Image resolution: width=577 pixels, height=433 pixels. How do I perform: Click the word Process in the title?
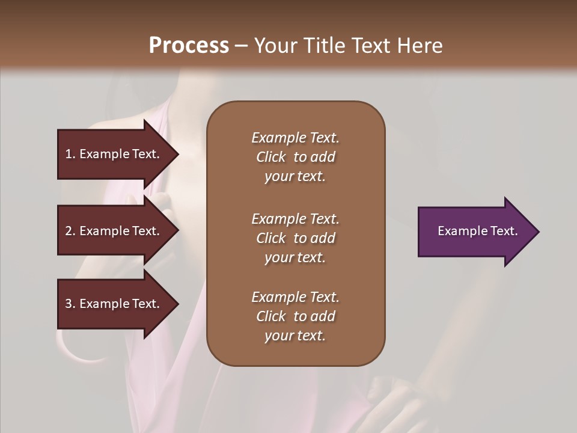189,46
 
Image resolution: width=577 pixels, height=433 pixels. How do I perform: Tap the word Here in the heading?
420,46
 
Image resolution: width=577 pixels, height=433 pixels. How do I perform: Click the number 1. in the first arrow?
70,154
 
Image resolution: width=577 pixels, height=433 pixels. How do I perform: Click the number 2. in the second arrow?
70,231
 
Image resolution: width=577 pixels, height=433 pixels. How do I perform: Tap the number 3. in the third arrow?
70,304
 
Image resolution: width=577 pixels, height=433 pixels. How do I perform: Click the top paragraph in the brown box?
295,157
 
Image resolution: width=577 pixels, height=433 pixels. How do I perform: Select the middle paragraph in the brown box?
295,238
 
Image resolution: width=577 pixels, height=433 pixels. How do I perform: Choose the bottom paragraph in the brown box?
295,316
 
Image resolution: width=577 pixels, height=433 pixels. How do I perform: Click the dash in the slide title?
241,46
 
